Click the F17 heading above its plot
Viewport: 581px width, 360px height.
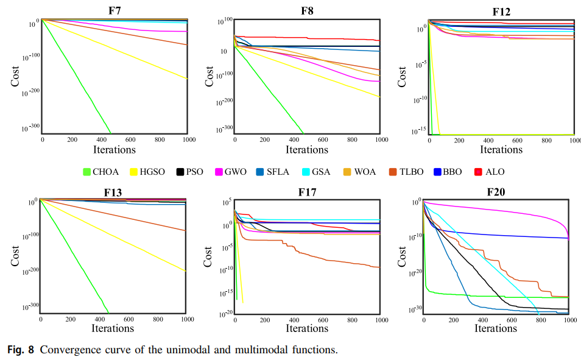click(x=307, y=193)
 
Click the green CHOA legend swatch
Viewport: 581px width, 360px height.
click(x=87, y=172)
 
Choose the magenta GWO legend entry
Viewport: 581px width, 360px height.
click(x=234, y=172)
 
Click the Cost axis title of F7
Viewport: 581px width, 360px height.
click(x=15, y=76)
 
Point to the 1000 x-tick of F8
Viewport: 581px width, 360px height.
click(x=381, y=139)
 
